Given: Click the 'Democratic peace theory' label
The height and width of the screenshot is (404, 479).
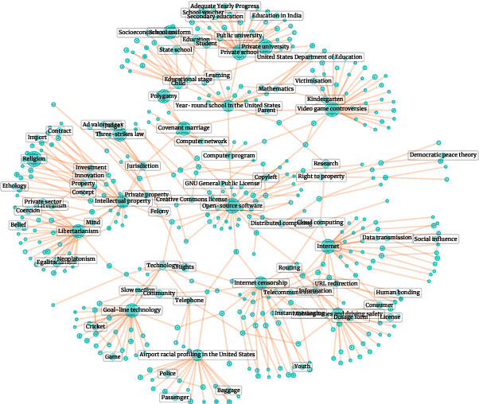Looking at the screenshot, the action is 443,154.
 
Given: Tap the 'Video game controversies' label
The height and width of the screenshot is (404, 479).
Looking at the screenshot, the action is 332,108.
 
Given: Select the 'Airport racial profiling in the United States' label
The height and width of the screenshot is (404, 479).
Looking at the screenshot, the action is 197,354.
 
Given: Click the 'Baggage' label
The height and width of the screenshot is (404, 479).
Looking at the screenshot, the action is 228,390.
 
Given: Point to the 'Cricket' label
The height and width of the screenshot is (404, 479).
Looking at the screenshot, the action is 95,327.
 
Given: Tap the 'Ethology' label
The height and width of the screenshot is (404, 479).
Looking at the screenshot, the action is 14,186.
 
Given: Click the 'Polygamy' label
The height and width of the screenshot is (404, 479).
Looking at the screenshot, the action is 163,96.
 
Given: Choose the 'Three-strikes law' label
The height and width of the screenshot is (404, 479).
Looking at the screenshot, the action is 120,134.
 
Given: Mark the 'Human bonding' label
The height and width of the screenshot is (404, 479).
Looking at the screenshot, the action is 397,293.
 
